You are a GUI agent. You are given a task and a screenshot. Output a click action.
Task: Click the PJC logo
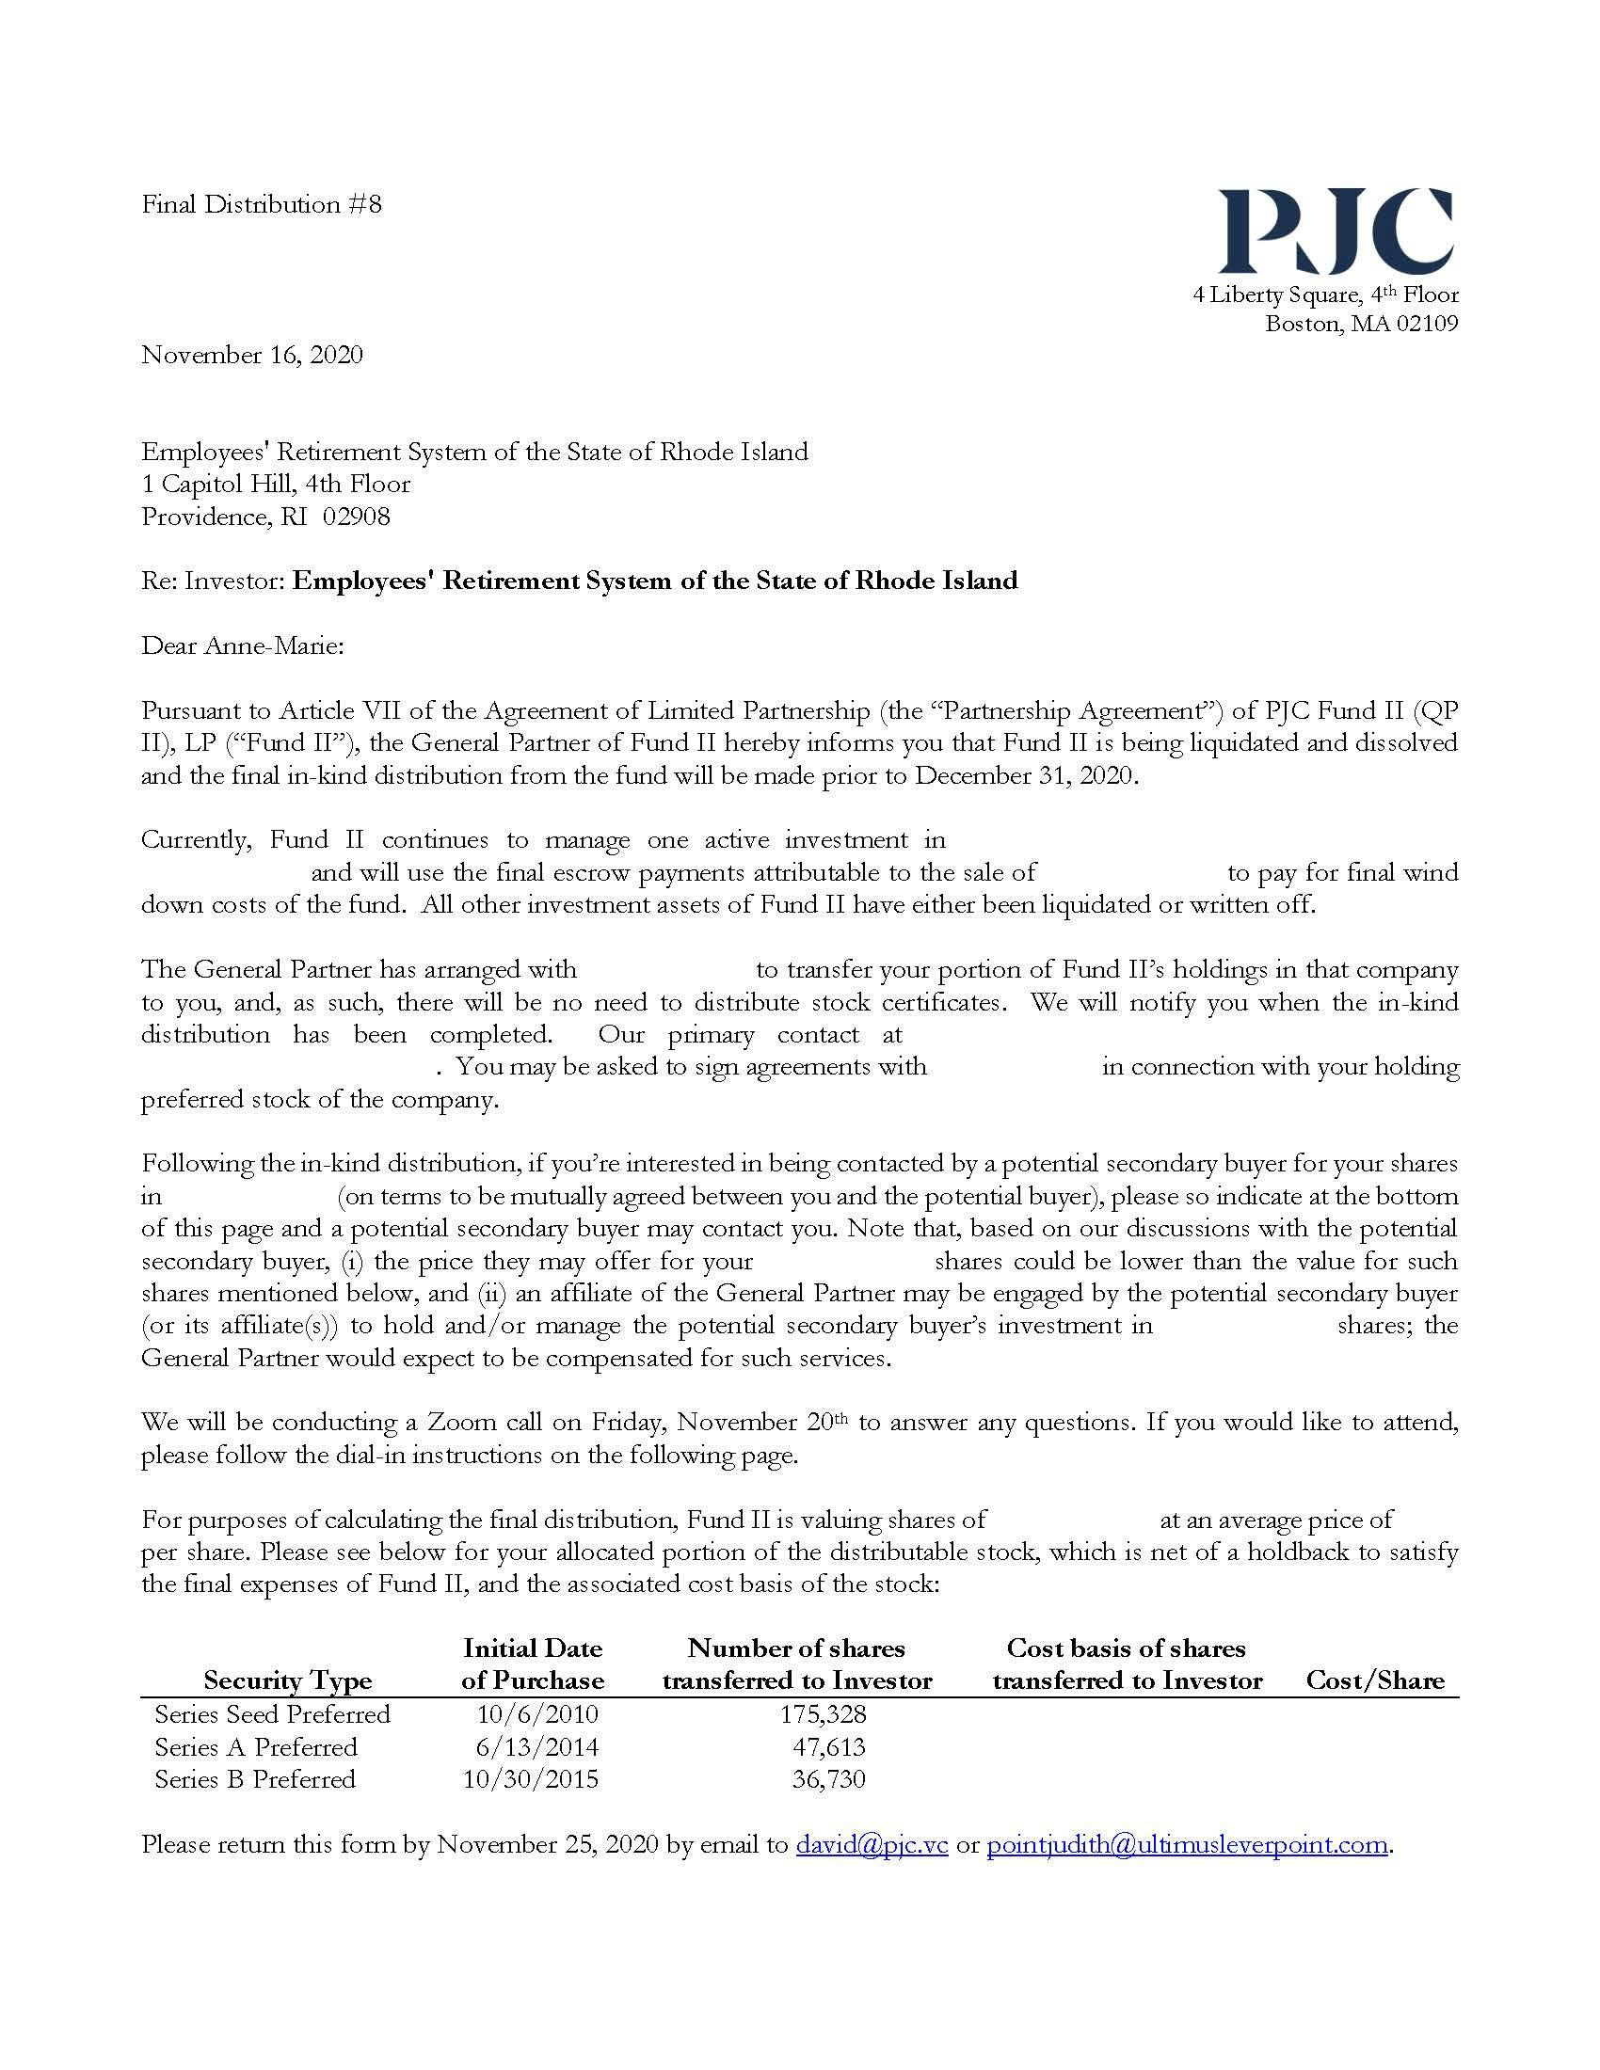(1336, 231)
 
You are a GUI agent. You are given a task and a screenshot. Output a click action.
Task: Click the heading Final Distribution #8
(262, 205)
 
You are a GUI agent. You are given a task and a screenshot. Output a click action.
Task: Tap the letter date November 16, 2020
(252, 355)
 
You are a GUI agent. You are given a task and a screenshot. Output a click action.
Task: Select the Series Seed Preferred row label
(273, 1713)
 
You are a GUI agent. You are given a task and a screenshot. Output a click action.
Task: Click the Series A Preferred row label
(256, 1747)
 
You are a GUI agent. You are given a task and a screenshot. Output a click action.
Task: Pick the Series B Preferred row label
(255, 1779)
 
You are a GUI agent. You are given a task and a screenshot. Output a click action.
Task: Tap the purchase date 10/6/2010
(538, 1713)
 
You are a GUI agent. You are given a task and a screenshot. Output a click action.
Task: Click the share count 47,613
(829, 1747)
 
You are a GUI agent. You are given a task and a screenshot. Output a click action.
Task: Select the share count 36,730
(829, 1779)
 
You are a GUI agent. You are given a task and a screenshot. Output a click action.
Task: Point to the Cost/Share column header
(1374, 1680)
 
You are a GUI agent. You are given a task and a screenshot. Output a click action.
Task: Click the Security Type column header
(287, 1680)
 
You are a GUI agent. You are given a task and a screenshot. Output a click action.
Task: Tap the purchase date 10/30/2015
(531, 1779)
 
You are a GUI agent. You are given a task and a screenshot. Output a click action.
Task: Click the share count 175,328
(824, 1713)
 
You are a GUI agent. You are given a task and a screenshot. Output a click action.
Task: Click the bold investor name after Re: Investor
(654, 580)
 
